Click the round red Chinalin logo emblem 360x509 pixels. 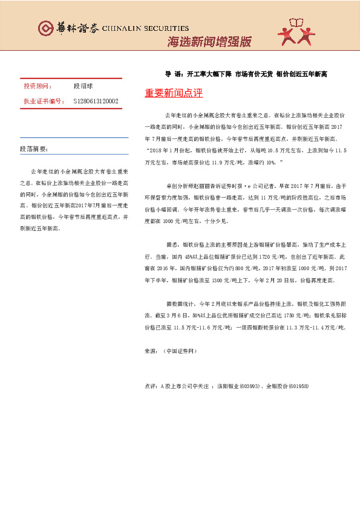(46, 28)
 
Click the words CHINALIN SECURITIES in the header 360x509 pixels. (146, 28)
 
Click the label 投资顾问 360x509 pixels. (38, 86)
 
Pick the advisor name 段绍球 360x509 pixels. (84, 86)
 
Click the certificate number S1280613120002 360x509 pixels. (96, 101)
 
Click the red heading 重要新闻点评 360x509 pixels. (174, 94)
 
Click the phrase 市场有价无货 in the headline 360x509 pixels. (253, 74)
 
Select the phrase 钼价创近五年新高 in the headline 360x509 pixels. (301, 74)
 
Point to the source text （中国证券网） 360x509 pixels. (180, 351)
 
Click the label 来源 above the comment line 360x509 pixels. (151, 351)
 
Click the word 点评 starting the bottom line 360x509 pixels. (151, 385)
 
